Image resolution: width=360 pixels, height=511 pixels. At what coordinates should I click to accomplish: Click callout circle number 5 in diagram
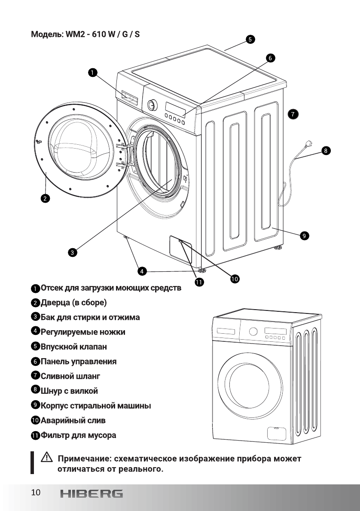250,39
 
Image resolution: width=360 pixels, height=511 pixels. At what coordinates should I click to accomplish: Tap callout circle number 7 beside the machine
293,114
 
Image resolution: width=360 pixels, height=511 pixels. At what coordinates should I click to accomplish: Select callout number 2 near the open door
45,198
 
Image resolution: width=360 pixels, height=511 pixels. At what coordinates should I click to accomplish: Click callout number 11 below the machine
199,282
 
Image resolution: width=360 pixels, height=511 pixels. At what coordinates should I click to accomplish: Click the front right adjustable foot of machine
201,270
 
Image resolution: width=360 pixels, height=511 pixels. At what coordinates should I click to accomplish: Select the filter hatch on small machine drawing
275,432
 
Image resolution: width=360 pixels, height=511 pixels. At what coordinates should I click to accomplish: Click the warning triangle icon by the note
46,458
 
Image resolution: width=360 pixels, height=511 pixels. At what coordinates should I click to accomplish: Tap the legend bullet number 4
36,331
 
